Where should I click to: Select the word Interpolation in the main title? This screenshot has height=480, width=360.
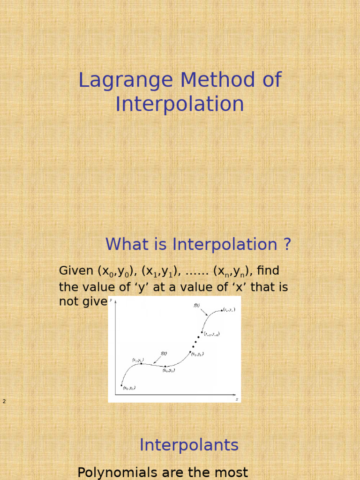pyautogui.click(x=180, y=104)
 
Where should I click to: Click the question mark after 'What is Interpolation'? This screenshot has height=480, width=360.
pyautogui.click(x=286, y=244)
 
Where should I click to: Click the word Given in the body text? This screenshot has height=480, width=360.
pyautogui.click(x=76, y=271)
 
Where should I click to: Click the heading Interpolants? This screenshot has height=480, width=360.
pyautogui.click(x=189, y=445)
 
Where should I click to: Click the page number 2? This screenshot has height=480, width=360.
pyautogui.click(x=4, y=401)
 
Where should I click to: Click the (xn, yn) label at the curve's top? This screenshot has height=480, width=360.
pyautogui.click(x=229, y=310)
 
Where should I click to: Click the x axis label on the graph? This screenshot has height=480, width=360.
pyautogui.click(x=237, y=399)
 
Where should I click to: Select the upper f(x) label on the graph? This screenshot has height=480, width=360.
pyautogui.click(x=197, y=305)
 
